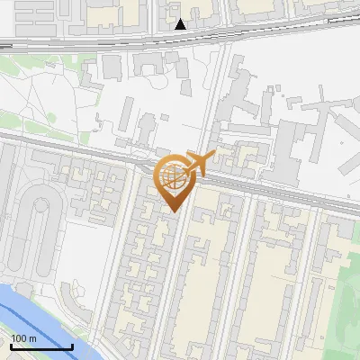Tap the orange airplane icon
click(x=199, y=164)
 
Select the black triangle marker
click(x=181, y=24)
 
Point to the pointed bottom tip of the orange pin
click(x=173, y=212)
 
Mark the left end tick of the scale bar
click(x=9, y=346)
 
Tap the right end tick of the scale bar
click(x=72, y=346)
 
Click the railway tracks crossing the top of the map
click(x=108, y=41)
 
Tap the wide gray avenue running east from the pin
click(x=270, y=186)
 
